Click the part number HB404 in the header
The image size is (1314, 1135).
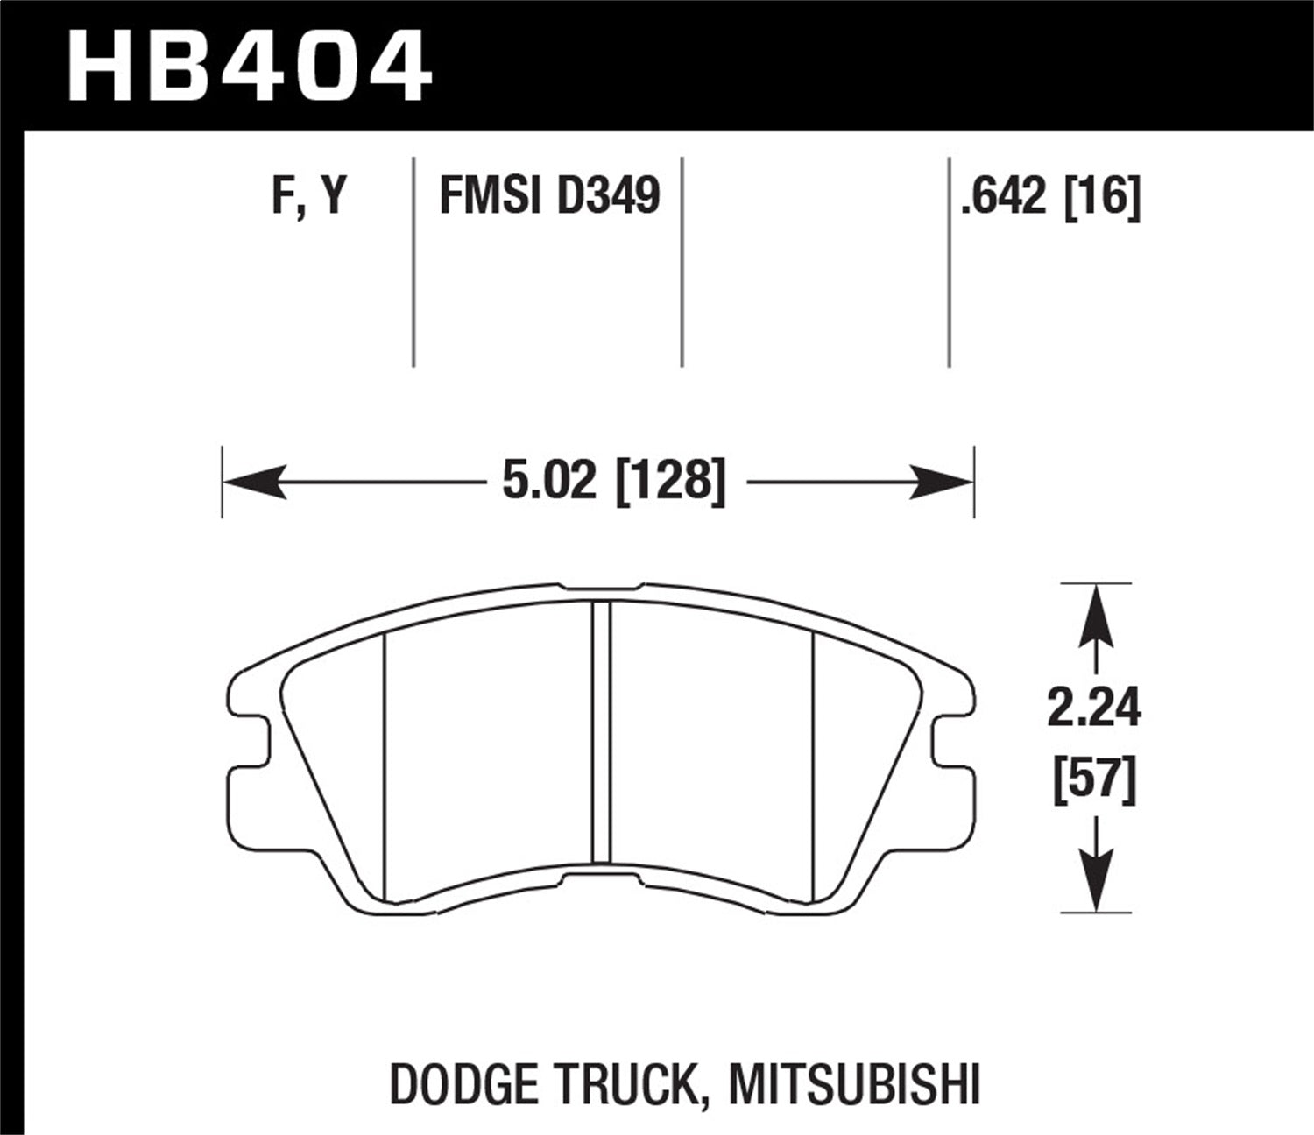249,65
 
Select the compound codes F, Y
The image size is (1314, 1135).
309,195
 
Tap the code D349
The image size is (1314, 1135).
608,195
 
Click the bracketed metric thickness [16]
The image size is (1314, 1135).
1102,195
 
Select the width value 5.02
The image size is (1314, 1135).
548,481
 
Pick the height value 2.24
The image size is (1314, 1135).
1094,708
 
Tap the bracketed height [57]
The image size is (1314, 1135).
1094,779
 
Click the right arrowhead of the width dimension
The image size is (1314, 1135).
942,482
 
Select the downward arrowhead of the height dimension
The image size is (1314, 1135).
1095,880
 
